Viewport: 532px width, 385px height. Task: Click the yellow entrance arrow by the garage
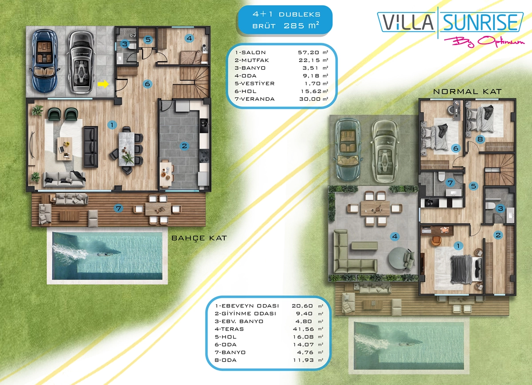point(103,84)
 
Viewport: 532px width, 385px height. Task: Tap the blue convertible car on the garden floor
point(44,60)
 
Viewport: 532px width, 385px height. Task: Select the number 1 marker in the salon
point(112,125)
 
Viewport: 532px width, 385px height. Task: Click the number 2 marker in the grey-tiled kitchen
point(184,146)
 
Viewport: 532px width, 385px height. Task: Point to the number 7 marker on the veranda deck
point(118,208)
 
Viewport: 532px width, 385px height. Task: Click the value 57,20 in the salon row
point(309,52)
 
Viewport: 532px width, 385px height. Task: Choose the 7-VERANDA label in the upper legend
point(254,99)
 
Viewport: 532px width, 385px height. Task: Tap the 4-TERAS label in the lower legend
point(229,329)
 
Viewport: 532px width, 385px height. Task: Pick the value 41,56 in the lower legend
point(303,329)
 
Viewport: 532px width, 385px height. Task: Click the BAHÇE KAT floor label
point(199,238)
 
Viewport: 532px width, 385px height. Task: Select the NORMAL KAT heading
point(467,91)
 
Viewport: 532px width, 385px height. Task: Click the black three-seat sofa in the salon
point(91,147)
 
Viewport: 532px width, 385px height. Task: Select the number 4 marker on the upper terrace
point(395,236)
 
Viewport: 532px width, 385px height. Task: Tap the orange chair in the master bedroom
point(436,241)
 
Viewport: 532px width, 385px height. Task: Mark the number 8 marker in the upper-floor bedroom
point(480,139)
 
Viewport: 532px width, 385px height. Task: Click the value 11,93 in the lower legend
point(303,360)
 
